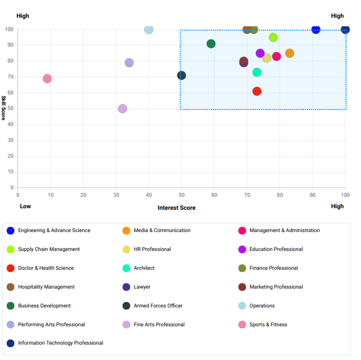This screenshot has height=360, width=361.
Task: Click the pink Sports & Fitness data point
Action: [47, 79]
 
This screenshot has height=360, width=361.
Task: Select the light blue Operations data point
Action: [149, 30]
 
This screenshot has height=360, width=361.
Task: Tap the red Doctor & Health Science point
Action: [257, 91]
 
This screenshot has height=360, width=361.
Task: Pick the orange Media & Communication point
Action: [290, 53]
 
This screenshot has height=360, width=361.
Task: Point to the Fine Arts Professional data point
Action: [122, 109]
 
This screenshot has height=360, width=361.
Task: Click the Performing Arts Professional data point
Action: [129, 63]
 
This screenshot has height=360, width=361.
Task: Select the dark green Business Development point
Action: [211, 44]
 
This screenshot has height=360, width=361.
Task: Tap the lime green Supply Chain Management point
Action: [273, 38]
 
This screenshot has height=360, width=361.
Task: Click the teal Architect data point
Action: [257, 72]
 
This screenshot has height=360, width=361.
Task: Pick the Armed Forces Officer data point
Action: [181, 75]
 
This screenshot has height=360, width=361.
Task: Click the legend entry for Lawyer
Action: [142, 287]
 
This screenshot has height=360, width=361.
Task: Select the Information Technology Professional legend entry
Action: [60, 343]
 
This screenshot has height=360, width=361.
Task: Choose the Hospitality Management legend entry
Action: [46, 287]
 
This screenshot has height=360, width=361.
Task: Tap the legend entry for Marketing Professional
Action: [276, 287]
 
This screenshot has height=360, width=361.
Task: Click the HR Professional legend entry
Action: [152, 249]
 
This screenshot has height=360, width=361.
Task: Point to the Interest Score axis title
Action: [176, 208]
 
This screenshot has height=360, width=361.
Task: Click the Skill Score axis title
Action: [4, 108]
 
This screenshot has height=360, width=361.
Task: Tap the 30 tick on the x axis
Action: [116, 195]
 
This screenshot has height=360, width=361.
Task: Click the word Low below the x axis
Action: [25, 206]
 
